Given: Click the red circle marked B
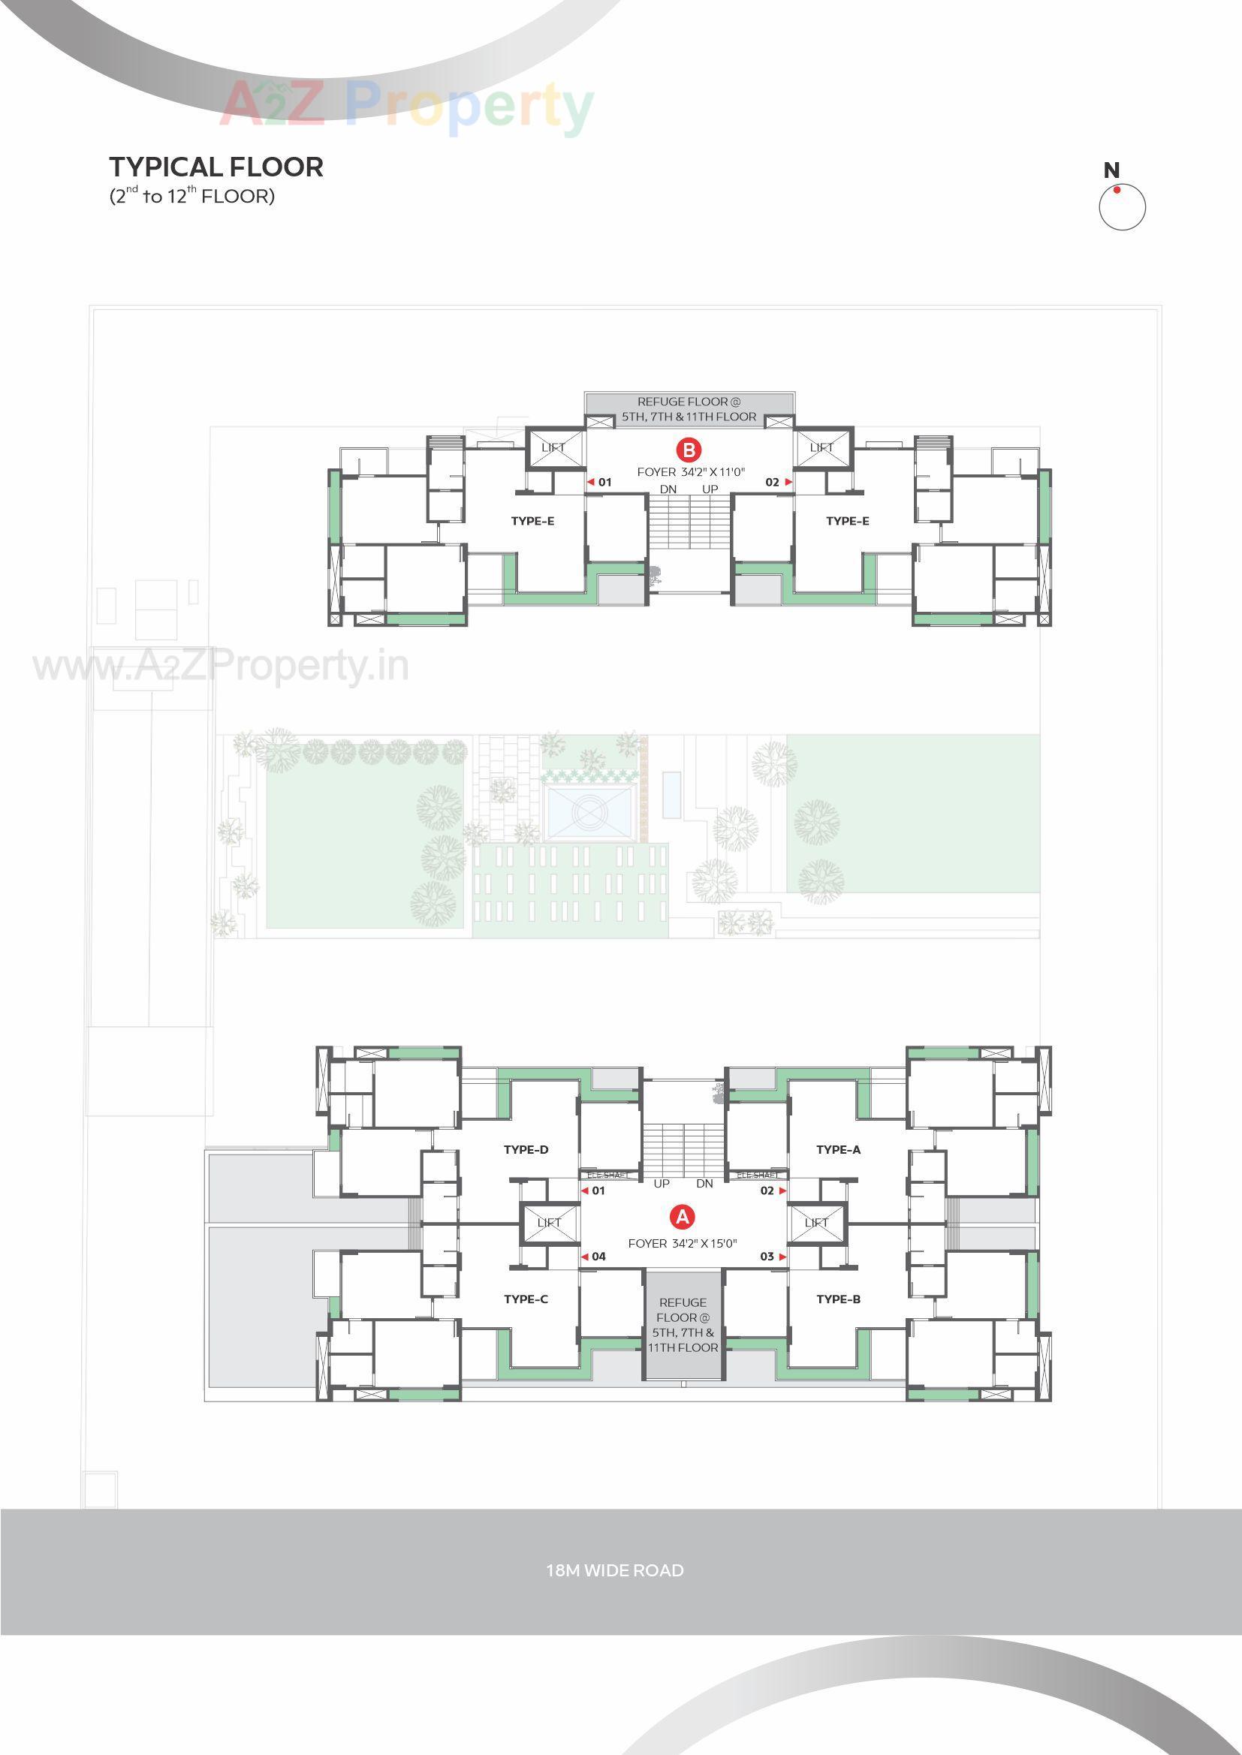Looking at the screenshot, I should (689, 450).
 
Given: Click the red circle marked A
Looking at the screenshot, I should (680, 1216).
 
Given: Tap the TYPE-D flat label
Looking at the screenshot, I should (526, 1150).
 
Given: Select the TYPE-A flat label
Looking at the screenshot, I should (838, 1150).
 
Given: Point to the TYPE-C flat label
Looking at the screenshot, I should (526, 1299).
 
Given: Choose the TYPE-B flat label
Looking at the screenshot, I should (838, 1299).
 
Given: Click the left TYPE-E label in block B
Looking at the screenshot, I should (532, 521).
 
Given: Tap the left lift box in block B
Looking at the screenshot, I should (553, 448).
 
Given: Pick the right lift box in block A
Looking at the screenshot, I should (816, 1223).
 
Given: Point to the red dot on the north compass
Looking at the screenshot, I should (1117, 191).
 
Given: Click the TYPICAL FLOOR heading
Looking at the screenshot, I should (216, 167).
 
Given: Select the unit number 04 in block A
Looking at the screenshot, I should (598, 1257).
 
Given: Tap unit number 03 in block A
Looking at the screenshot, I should (767, 1257).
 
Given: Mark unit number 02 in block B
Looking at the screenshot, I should (772, 483).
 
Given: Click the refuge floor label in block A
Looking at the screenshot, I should (683, 1325).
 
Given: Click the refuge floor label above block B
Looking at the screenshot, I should (690, 409).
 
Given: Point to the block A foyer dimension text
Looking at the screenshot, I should (682, 1244).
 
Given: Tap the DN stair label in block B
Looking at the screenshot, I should (668, 489).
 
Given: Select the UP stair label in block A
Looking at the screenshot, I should (662, 1184).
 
